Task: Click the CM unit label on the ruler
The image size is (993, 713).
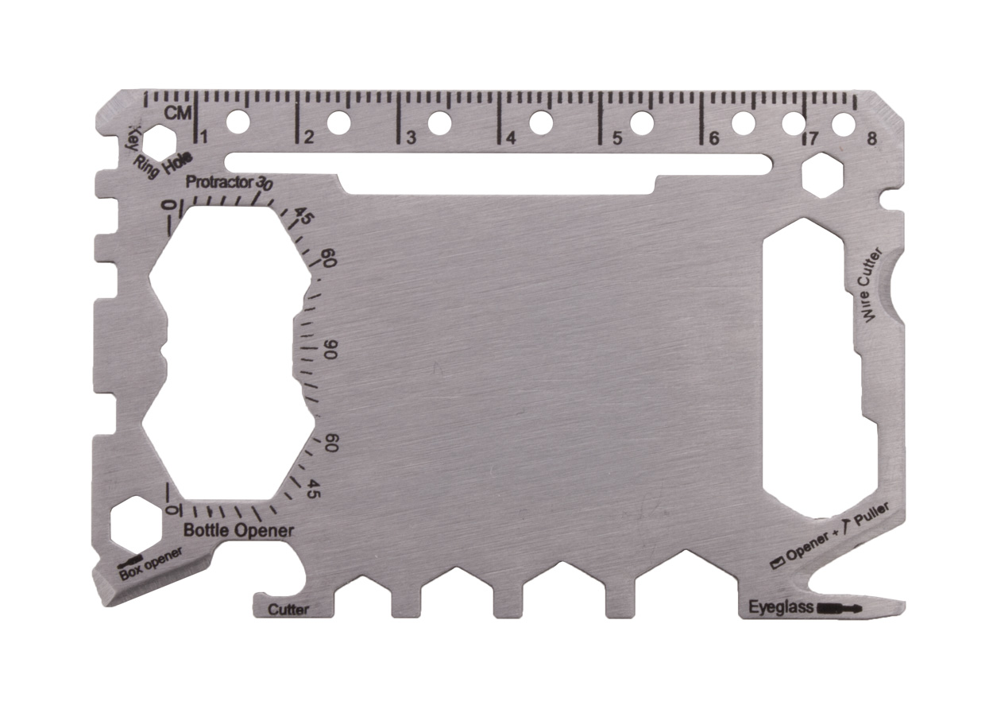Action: (178, 113)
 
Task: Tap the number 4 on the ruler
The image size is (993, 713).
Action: (510, 138)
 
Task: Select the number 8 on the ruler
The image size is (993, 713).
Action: (873, 138)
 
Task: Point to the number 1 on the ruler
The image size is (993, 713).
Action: (203, 137)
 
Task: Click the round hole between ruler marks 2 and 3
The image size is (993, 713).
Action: (339, 122)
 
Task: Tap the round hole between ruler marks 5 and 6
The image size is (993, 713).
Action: (642, 122)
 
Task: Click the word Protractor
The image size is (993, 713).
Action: (219, 182)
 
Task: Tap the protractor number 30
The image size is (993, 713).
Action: (265, 183)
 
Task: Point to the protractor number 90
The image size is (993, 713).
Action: (330, 351)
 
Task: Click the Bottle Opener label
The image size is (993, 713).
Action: (238, 530)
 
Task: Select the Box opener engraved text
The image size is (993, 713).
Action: (151, 563)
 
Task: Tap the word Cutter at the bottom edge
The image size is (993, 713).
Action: (288, 610)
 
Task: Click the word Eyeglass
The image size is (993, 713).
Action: (782, 608)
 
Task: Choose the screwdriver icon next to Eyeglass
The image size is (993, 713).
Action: (839, 609)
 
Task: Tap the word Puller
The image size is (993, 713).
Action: (872, 517)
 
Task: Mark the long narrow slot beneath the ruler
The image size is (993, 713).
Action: (498, 163)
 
